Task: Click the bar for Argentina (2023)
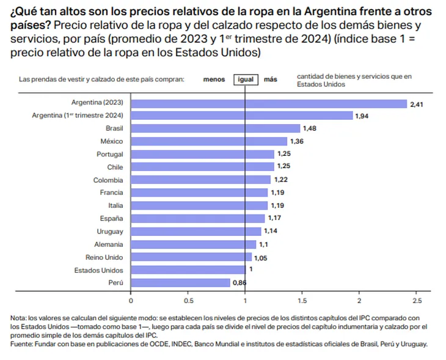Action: (269, 103)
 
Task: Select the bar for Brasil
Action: (216, 128)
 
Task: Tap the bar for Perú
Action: (180, 282)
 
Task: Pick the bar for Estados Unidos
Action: (188, 270)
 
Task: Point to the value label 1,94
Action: (362, 116)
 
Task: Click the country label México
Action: (111, 141)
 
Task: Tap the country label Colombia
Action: (108, 180)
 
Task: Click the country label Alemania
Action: (109, 244)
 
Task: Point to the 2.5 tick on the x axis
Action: (417, 301)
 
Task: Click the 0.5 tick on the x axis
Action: (188, 301)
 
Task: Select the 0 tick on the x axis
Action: (131, 301)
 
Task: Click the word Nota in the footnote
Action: (18, 318)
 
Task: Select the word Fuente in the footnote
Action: (21, 343)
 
